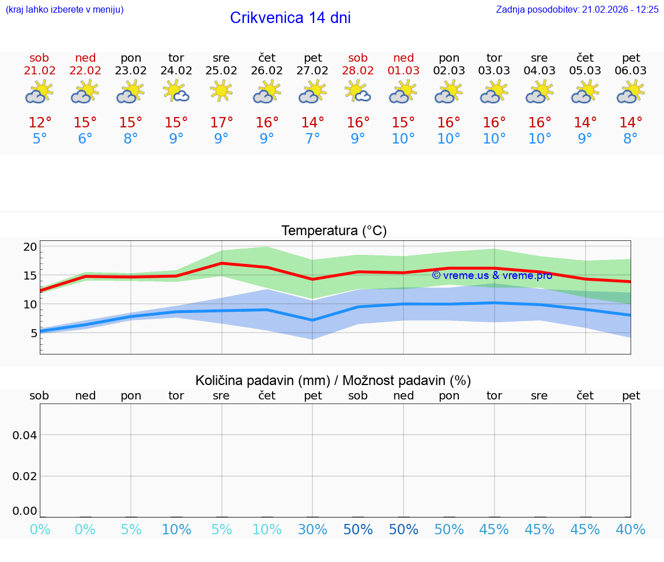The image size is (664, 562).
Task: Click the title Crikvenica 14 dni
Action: (290, 18)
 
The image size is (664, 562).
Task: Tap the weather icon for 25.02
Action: (221, 91)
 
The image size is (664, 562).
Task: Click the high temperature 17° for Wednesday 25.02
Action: (221, 123)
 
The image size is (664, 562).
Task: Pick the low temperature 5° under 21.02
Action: (39, 139)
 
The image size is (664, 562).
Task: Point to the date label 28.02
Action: (358, 71)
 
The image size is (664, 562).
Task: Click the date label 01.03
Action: (403, 71)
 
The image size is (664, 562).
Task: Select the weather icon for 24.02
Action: (176, 91)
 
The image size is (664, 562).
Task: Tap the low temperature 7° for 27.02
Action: (312, 139)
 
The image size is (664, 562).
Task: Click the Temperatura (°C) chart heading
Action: (334, 231)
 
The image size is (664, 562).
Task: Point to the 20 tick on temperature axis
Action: (30, 247)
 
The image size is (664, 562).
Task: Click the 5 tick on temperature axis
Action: (33, 333)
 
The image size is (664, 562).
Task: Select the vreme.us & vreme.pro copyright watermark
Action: (492, 276)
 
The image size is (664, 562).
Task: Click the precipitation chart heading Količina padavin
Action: (333, 380)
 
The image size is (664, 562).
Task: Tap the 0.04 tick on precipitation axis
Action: (25, 435)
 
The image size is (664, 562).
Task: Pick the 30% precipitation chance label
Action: (312, 529)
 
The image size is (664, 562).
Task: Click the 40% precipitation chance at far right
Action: (631, 529)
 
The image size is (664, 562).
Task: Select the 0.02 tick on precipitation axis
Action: (25, 476)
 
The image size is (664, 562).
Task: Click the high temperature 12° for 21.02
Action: (39, 123)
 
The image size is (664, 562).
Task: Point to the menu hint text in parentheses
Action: (64, 9)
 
